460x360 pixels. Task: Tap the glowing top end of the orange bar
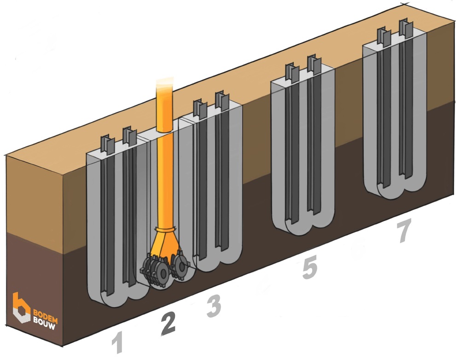(164, 85)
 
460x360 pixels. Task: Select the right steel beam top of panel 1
(128, 135)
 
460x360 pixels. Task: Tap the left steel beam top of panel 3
(199, 107)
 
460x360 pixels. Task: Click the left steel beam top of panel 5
(292, 71)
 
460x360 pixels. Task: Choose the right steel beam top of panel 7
(405, 28)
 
